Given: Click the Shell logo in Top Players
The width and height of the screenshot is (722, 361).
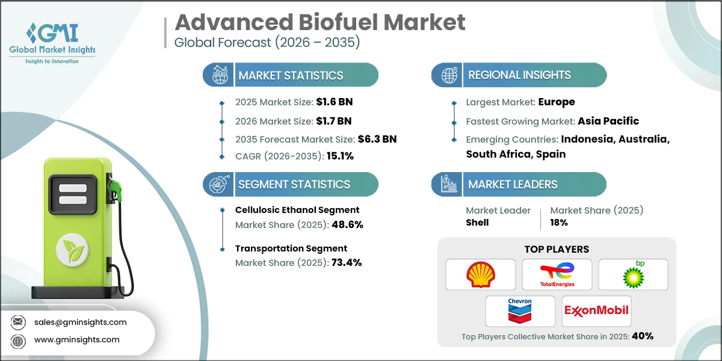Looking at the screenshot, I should coord(480,275).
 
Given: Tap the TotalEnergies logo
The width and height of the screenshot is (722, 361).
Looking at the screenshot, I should coord(557,275).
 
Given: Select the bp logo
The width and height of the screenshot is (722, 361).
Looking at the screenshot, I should coord(633,275).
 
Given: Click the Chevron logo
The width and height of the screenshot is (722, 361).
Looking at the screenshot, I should coord(520,311).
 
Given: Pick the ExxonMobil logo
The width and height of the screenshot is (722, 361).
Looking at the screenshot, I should coord(596,311).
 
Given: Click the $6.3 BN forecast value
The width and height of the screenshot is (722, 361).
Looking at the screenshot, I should coord(377,139).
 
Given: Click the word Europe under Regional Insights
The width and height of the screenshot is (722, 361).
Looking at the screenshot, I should coord(557,102).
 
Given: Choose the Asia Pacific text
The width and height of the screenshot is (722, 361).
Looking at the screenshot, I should coord(608,120).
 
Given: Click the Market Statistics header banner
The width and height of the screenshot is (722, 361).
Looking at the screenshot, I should coord(290,75).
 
